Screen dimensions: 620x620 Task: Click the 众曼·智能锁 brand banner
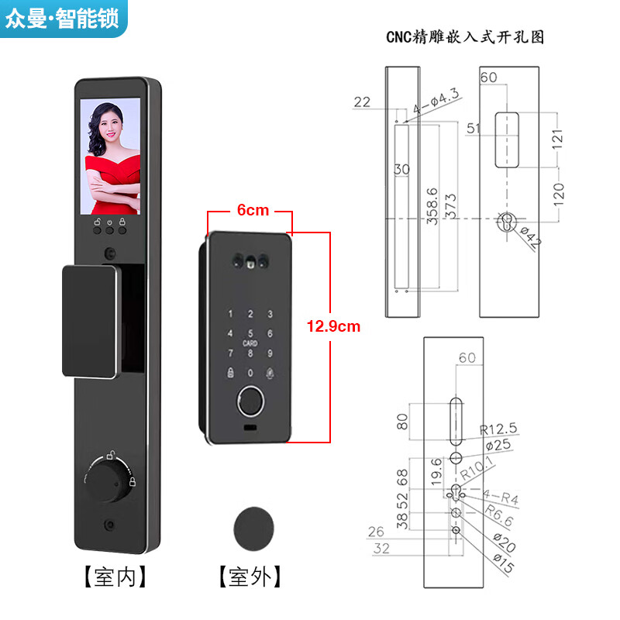pyautogui.click(x=62, y=19)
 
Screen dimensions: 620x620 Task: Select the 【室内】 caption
pyautogui.click(x=115, y=577)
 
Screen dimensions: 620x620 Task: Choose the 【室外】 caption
pyautogui.click(x=250, y=577)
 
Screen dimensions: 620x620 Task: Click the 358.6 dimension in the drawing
pyautogui.click(x=432, y=205)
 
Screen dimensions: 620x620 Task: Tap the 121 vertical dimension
pyautogui.click(x=558, y=137)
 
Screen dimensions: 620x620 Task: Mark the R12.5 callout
pyautogui.click(x=498, y=429)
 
